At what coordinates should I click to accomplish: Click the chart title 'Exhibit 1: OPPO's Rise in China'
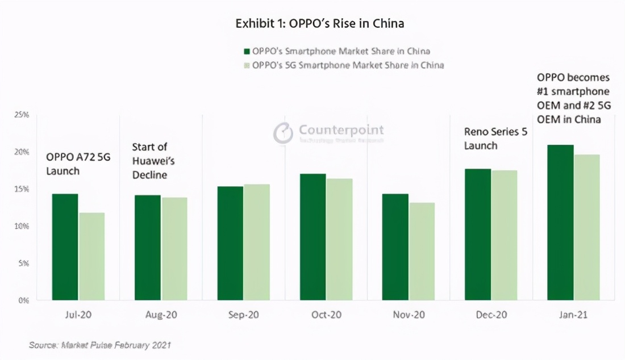coord(320,24)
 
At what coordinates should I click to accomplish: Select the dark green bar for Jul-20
coord(65,247)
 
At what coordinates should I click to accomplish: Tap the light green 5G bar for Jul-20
coord(91,256)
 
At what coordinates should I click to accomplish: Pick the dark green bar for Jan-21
coord(560,222)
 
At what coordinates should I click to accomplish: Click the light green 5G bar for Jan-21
coord(586,227)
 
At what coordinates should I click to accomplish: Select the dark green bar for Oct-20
coord(312,237)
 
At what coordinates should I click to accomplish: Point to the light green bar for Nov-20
coord(422,251)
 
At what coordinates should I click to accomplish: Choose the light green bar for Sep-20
coord(256,242)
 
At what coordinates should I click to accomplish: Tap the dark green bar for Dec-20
coord(478,234)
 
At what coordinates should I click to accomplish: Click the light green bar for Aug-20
coord(174,248)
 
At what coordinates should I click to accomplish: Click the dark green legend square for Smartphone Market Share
coord(247,52)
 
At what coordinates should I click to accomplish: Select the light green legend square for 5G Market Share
coord(247,65)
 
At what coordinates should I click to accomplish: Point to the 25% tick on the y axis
coord(22,115)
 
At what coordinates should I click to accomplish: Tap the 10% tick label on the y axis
coord(22,226)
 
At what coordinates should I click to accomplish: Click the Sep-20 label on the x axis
coord(243,315)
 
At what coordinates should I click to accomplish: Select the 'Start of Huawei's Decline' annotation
coord(153,161)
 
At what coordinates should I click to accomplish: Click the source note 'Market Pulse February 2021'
coord(100,345)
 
